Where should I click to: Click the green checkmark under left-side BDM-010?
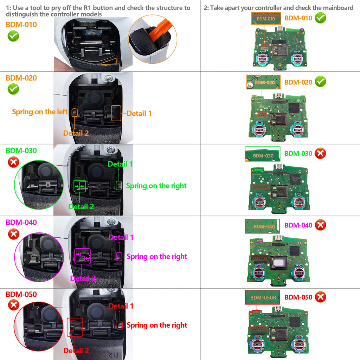(13, 36)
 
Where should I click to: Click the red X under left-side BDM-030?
(13, 162)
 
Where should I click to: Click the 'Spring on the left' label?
(40, 112)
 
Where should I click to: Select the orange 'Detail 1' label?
(139, 113)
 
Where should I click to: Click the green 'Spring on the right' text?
(156, 186)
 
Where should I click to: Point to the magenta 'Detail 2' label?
(83, 278)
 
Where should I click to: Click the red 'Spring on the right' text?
(157, 325)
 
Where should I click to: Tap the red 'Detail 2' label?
(76, 351)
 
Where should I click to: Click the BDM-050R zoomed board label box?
(262, 297)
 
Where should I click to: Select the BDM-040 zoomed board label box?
(262, 226)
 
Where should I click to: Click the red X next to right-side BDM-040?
(320, 225)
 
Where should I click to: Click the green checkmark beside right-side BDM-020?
(320, 82)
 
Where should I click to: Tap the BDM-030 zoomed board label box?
(262, 154)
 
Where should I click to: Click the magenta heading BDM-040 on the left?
(21, 223)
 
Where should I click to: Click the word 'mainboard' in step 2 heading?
(337, 8)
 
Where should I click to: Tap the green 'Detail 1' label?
(121, 164)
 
